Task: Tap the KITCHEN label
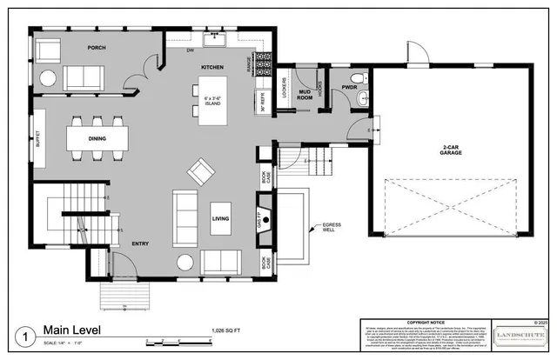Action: click(x=214, y=67)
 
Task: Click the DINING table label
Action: click(x=97, y=138)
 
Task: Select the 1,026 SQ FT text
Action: click(x=230, y=331)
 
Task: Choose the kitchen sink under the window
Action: click(x=215, y=39)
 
